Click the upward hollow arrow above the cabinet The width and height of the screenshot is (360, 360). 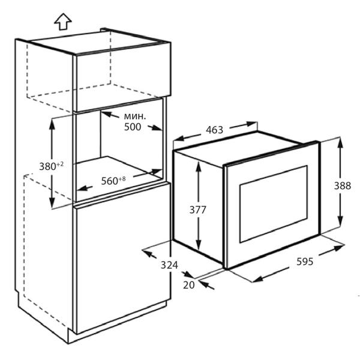point(63,22)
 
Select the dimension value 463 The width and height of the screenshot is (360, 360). point(214,130)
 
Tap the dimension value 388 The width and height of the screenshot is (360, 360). point(343,186)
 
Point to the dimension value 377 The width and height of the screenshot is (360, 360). point(197,210)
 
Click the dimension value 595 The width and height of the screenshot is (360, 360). point(305,262)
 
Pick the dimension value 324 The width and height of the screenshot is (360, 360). point(169,265)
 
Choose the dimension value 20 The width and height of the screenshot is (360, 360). point(189,285)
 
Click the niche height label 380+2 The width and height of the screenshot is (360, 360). point(51,166)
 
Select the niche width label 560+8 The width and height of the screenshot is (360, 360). point(113,181)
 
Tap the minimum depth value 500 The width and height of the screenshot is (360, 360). point(133,127)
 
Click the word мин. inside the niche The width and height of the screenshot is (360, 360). point(135,116)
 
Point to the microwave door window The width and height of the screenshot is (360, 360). point(274,204)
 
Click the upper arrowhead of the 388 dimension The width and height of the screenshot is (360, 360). point(340,143)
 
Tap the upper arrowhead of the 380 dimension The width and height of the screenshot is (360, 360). point(52,125)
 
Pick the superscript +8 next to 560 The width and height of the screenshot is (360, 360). point(122,179)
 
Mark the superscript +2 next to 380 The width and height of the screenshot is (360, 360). point(60,164)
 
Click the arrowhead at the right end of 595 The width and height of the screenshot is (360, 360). point(339,248)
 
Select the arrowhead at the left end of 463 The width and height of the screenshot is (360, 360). point(179,139)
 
